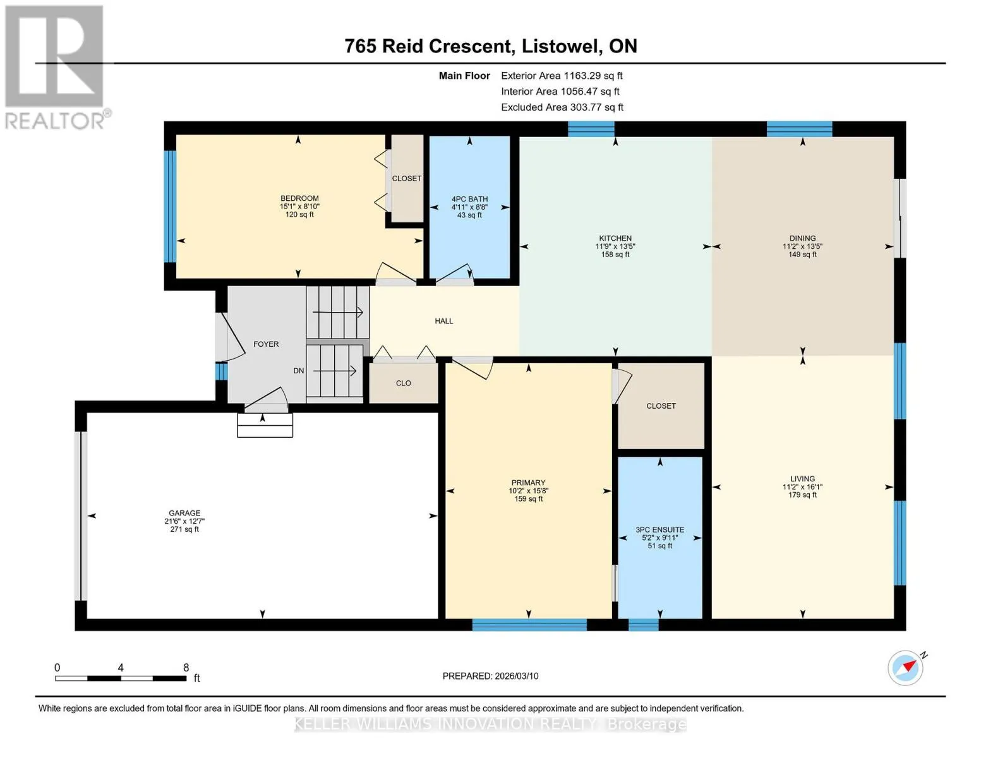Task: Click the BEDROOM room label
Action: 299,198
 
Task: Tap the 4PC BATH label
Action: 469,199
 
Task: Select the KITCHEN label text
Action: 615,238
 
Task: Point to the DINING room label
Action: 802,238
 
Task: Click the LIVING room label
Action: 802,479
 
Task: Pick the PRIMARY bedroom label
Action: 528,483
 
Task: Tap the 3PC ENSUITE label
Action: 659,529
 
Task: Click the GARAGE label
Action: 184,513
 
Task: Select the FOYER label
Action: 266,344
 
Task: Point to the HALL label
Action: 444,321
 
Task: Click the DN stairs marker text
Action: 298,371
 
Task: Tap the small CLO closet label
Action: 403,383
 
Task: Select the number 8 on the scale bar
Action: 186,667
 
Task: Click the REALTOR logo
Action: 56,68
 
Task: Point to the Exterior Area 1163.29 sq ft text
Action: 562,76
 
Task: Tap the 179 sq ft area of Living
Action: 802,495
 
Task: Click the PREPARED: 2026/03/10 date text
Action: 490,676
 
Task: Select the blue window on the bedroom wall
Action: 170,207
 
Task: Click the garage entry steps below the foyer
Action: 265,425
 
